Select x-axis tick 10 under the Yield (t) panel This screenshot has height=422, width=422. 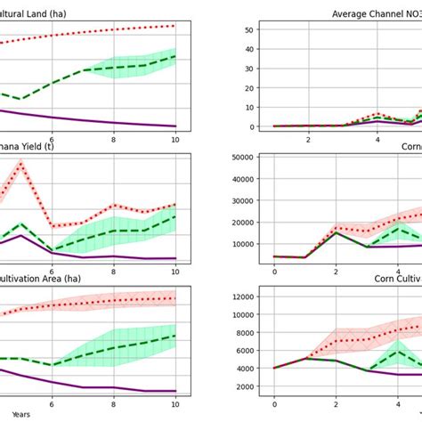[x=175, y=272]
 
